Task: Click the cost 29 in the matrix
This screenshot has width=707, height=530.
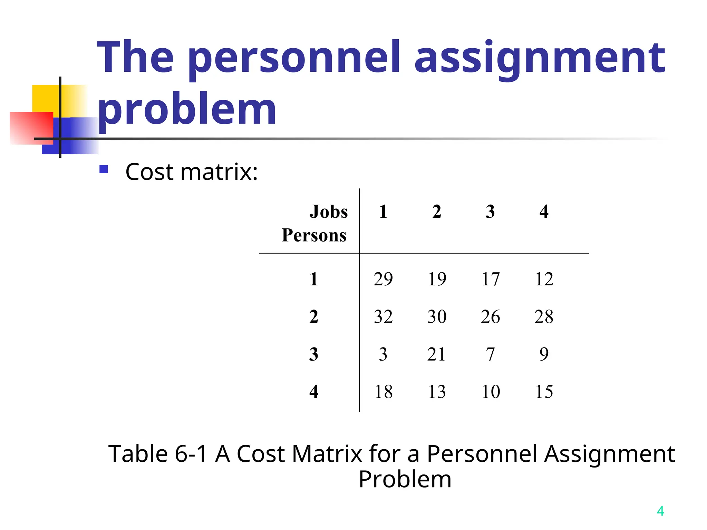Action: pyautogui.click(x=383, y=279)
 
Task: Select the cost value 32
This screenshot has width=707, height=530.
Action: pyautogui.click(x=383, y=316)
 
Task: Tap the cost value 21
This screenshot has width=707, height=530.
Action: pyautogui.click(x=436, y=354)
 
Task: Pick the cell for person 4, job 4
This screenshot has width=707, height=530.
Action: pyautogui.click(x=544, y=392)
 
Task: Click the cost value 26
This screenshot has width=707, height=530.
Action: pyautogui.click(x=490, y=316)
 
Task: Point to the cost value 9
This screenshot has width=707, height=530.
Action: pyautogui.click(x=544, y=354)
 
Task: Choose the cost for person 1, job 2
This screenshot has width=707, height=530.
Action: pyautogui.click(x=437, y=279)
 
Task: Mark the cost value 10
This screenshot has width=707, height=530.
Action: pyautogui.click(x=491, y=392)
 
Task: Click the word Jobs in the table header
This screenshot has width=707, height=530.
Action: pyautogui.click(x=329, y=212)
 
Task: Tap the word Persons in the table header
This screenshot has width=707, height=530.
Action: pyautogui.click(x=314, y=235)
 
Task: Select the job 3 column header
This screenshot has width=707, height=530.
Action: pyautogui.click(x=490, y=212)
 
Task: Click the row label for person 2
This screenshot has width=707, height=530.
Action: pyautogui.click(x=313, y=316)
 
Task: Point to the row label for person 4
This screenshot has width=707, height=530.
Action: pyautogui.click(x=313, y=392)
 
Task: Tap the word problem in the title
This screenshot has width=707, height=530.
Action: pyautogui.click(x=187, y=110)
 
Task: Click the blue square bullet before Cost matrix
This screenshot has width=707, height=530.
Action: pyautogui.click(x=104, y=169)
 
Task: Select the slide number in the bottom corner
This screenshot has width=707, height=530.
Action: pyautogui.click(x=660, y=511)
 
